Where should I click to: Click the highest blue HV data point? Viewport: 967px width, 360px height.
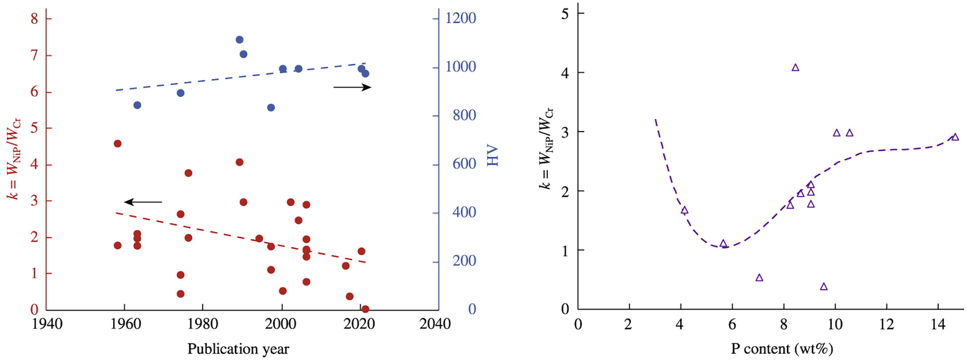tap(239, 40)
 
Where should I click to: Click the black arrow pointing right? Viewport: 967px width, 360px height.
tap(352, 87)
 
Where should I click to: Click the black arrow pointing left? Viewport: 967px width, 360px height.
tap(143, 202)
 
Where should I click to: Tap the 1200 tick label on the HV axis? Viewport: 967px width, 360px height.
tap(460, 18)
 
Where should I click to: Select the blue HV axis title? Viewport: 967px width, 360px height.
tap(492, 156)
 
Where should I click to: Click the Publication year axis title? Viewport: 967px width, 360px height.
tap(238, 349)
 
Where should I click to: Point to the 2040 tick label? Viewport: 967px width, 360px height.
tap(434, 324)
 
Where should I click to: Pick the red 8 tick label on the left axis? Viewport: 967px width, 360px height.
tap(35, 19)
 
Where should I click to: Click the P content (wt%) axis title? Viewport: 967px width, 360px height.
tap(782, 349)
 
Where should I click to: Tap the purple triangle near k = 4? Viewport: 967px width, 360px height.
tap(795, 68)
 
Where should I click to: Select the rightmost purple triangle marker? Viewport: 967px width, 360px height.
tap(955, 137)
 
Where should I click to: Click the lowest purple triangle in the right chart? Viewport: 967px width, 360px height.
tap(824, 287)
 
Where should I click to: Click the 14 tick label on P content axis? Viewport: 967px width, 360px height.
tap(938, 325)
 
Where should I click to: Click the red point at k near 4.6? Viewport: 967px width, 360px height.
tap(117, 144)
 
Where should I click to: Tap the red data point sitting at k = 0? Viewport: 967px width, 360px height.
tap(365, 309)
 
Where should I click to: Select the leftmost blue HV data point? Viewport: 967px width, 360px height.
tap(137, 105)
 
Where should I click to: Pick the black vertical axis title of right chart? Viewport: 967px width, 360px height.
tap(546, 149)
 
